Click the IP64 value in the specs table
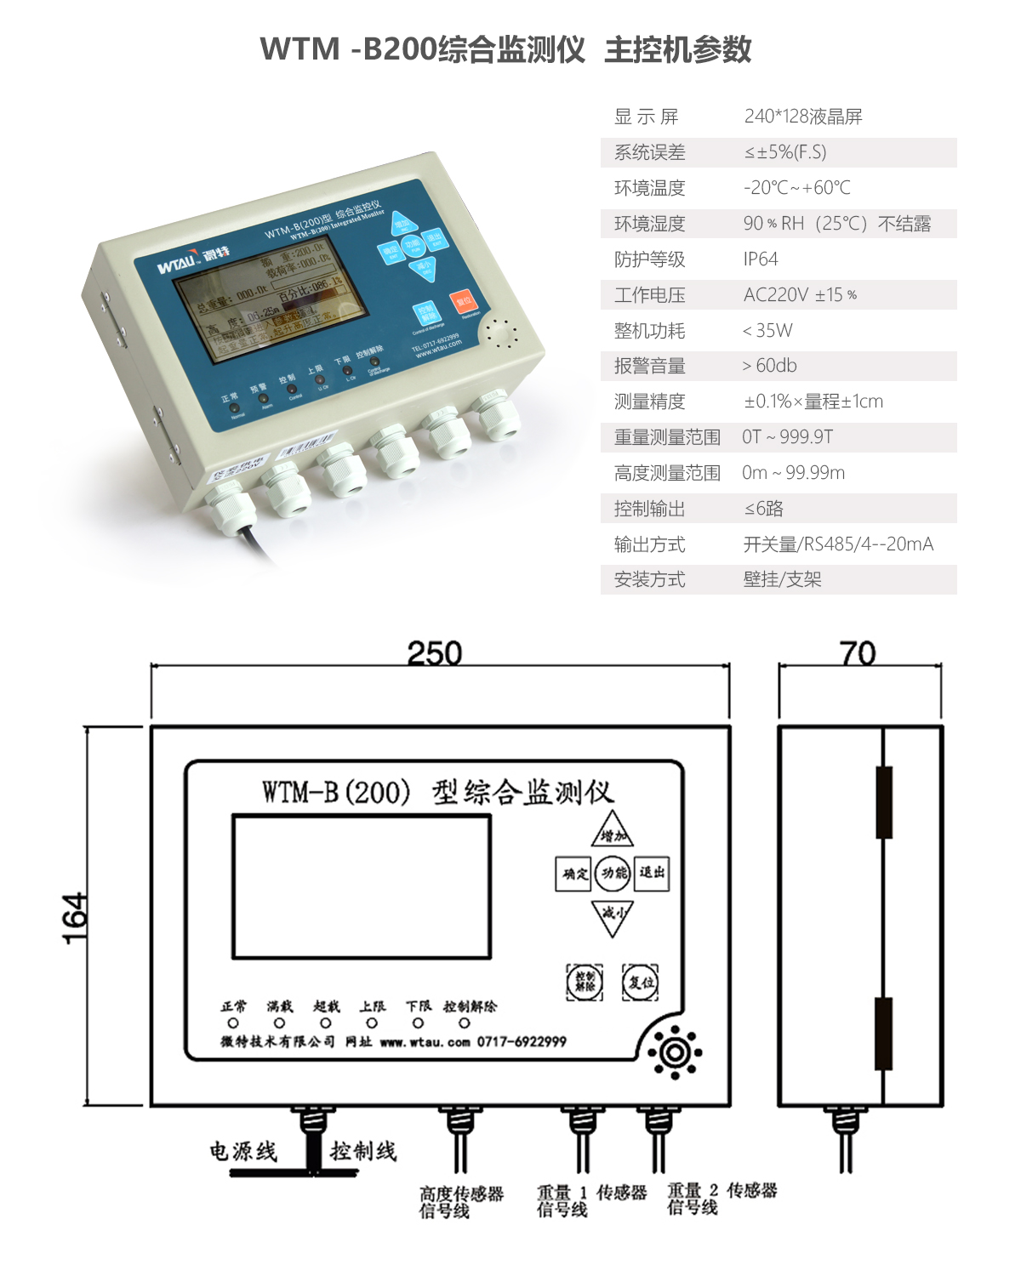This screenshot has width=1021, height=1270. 761,259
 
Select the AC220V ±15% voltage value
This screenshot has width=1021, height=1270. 800,295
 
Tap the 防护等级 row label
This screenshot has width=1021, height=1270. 650,259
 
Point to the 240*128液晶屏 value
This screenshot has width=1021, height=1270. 803,117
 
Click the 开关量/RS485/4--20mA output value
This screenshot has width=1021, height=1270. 838,544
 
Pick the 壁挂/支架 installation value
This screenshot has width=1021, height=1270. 782,580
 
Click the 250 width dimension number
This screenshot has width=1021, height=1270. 435,653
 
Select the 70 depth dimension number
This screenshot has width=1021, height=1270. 858,653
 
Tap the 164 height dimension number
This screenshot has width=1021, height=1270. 75,918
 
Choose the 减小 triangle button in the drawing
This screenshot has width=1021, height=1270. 613,915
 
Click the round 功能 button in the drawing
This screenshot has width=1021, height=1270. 613,874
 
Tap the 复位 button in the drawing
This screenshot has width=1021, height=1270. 640,982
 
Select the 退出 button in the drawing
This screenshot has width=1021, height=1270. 653,874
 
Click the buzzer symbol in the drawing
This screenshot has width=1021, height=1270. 675,1053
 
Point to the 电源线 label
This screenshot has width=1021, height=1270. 243,1152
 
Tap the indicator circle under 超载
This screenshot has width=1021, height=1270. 325,1023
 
